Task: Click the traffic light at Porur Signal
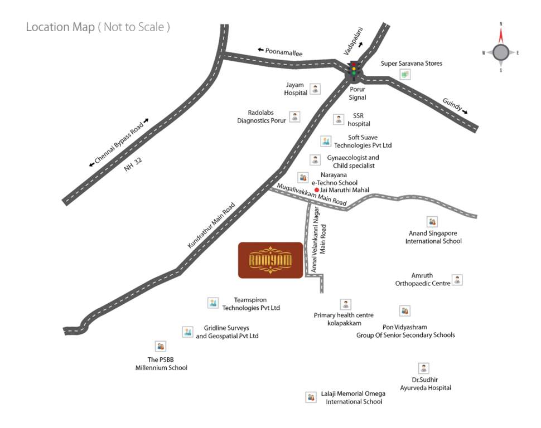353,69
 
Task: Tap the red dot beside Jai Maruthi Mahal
316,190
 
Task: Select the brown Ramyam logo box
270,260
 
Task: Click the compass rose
500,52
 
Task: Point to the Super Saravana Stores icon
405,74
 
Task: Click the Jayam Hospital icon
316,89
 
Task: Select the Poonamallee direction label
281,52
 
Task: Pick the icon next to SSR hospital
339,119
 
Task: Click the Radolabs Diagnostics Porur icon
294,116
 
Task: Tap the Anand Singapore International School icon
432,222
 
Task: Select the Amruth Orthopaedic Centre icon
457,280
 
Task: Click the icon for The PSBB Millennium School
161,347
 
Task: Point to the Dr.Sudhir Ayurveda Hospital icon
424,368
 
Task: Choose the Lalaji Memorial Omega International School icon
311,397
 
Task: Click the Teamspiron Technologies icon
212,303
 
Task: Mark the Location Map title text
98,27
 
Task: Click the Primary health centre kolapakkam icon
346,304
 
